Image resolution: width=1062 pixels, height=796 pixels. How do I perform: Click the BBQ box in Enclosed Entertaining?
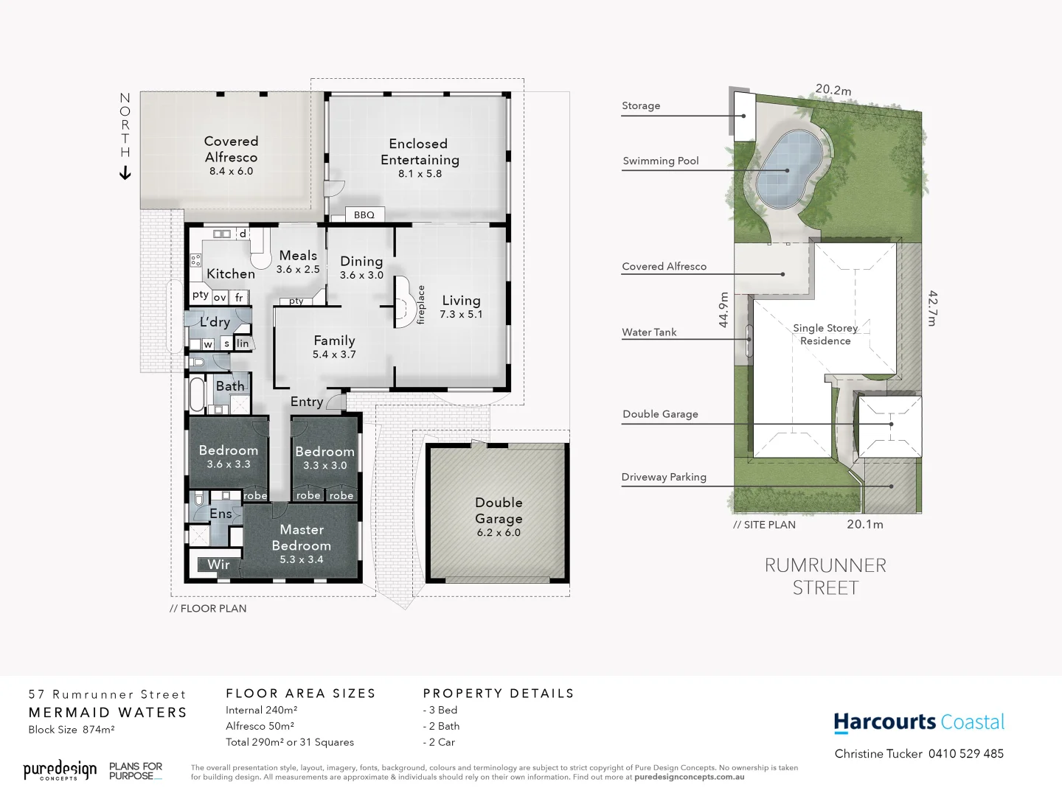click(364, 214)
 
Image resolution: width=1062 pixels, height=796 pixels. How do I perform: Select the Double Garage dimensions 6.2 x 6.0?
click(499, 533)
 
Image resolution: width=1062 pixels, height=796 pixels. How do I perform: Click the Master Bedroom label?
click(301, 537)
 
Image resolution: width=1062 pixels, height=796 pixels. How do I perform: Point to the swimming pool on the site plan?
click(790, 170)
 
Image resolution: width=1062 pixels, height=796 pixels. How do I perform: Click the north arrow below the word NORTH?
click(125, 173)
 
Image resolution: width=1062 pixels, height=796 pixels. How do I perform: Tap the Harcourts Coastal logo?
click(919, 722)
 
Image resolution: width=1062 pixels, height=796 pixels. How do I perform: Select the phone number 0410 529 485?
click(965, 753)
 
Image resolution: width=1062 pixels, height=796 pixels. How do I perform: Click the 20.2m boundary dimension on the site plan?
click(833, 90)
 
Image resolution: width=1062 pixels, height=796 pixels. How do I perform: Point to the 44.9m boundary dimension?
click(723, 310)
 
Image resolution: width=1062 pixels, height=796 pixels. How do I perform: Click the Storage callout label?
click(641, 105)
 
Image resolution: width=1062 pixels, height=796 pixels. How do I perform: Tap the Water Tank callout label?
click(649, 332)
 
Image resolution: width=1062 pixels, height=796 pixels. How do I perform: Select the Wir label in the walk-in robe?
click(218, 565)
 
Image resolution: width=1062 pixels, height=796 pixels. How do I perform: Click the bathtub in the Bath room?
click(196, 394)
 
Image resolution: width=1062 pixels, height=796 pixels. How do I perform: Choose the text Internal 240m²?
click(261, 710)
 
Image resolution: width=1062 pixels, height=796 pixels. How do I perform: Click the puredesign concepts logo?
click(60, 770)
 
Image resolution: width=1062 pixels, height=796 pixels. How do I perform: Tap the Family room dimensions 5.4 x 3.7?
click(334, 355)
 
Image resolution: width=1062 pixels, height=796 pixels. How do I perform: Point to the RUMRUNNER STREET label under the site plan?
click(825, 576)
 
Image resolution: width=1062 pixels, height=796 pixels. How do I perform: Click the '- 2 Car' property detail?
click(439, 742)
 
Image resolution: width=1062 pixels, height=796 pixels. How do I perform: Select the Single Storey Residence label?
click(825, 334)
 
